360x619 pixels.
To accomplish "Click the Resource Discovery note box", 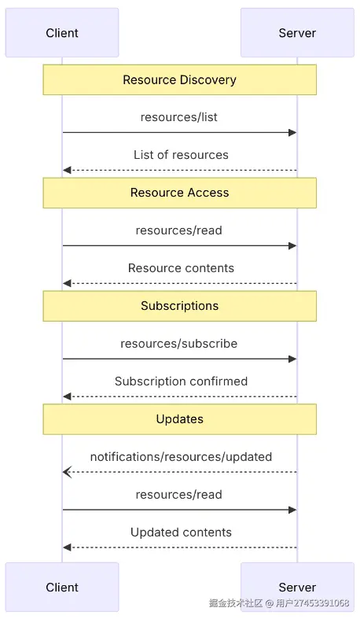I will pos(179,79).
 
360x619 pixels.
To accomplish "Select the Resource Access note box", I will pos(179,193).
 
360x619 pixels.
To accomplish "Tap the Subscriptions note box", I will pos(179,306).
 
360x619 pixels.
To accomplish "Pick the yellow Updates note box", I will pos(179,419).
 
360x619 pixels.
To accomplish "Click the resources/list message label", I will pos(179,117).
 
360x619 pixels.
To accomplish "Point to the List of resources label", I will pos(181,155).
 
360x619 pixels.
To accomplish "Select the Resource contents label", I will pos(181,268).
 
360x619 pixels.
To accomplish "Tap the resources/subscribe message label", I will pos(179,344).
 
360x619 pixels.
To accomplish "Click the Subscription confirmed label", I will pos(181,381).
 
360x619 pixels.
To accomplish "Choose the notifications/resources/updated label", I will pos(181,457).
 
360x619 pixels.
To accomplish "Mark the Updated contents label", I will pos(181,532).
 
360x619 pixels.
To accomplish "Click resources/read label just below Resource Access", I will pos(179,230).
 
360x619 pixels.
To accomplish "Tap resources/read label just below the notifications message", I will pos(179,495).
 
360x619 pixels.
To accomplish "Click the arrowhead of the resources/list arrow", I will pos(292,133).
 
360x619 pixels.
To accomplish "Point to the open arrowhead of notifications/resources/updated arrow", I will pos(67,472).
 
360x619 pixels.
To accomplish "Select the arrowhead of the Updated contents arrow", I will pos(68,547).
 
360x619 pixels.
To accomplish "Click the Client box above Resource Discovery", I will pos(62,33).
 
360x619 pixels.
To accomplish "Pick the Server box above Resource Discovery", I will pos(297,33).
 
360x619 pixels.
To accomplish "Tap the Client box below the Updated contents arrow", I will pos(62,587).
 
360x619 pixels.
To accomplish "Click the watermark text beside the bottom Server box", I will pos(279,603).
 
